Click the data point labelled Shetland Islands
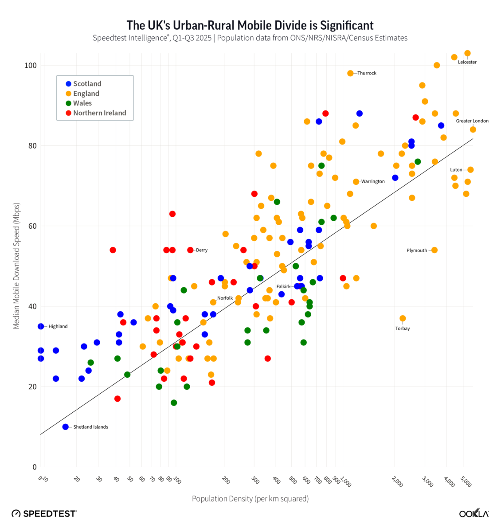click(x=66, y=427)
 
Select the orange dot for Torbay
click(x=403, y=318)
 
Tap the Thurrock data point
click(x=350, y=73)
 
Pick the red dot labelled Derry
click(x=190, y=250)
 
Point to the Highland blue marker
click(x=41, y=326)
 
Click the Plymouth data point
click(x=434, y=250)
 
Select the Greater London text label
click(x=472, y=121)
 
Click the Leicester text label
click(x=467, y=62)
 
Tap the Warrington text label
click(x=373, y=182)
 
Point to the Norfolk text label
click(x=225, y=298)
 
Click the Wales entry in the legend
click(x=82, y=103)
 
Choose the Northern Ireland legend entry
click(x=99, y=113)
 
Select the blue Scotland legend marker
click(x=68, y=84)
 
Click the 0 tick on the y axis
click(x=34, y=467)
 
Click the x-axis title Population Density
click(x=250, y=499)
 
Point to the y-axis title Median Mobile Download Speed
click(x=16, y=266)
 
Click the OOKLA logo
click(x=474, y=513)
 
